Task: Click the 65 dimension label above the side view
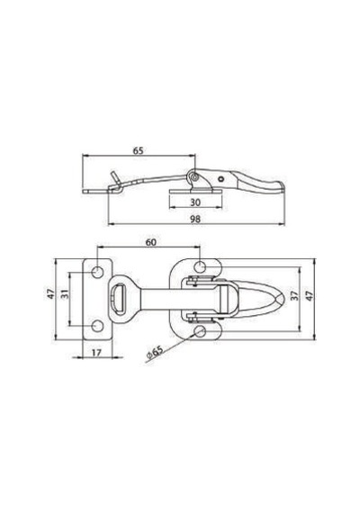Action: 138,151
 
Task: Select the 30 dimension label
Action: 195,202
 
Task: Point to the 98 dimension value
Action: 195,219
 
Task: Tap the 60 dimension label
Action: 151,242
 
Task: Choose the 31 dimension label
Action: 66,294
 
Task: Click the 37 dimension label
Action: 293,296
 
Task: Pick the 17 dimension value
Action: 96,353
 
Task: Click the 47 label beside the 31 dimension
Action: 50,293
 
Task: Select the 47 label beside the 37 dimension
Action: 310,296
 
